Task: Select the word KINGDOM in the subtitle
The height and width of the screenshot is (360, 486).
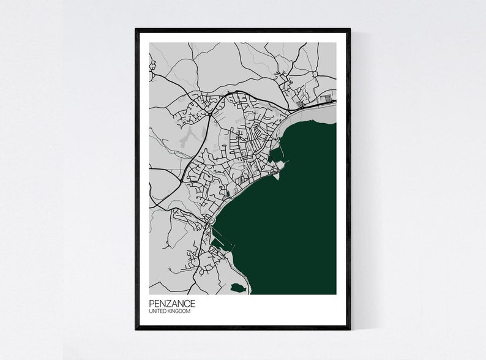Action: coord(179,312)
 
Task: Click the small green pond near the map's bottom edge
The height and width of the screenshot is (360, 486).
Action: coord(238,287)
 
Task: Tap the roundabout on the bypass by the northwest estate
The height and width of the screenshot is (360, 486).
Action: coord(209,113)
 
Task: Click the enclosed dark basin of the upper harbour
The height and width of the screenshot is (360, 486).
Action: coord(274,158)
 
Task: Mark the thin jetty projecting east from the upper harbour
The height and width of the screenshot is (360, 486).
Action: coord(286,162)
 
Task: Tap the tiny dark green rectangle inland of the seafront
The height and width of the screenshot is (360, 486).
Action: coord(228,195)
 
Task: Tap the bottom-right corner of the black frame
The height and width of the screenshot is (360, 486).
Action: coord(350,328)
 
